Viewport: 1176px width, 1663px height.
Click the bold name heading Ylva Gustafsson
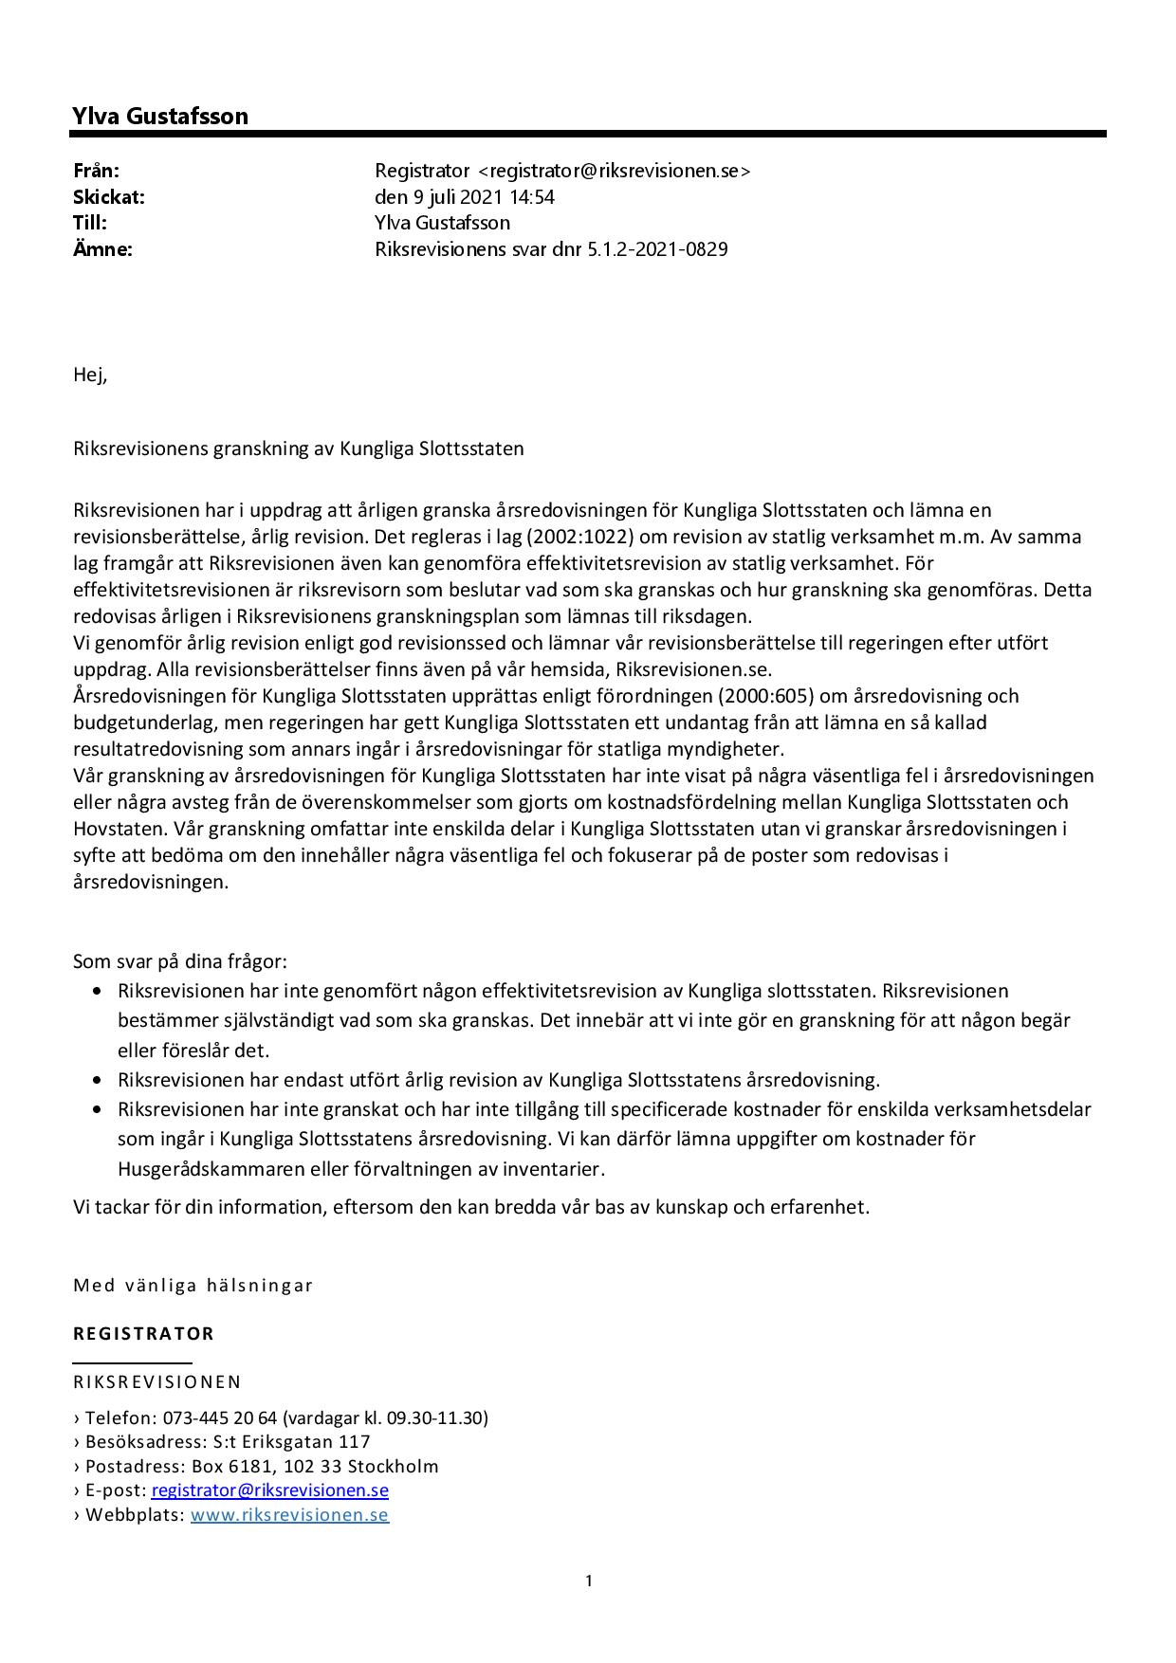pos(160,117)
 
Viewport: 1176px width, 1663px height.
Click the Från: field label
pos(97,171)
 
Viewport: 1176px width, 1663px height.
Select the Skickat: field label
pos(109,197)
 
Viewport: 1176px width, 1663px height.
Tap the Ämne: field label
pos(102,249)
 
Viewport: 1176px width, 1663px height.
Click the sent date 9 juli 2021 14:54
pos(465,197)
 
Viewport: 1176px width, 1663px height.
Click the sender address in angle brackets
pos(615,171)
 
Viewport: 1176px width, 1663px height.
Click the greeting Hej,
pos(91,375)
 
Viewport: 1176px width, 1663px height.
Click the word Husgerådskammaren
pos(211,1169)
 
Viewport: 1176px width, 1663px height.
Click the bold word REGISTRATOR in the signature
pos(144,1333)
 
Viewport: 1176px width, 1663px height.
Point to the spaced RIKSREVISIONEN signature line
pos(157,1381)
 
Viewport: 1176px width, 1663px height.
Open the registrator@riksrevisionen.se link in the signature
pos(270,1490)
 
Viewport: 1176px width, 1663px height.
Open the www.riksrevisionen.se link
pos(289,1514)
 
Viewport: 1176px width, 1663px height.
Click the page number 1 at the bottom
pos(589,1581)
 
